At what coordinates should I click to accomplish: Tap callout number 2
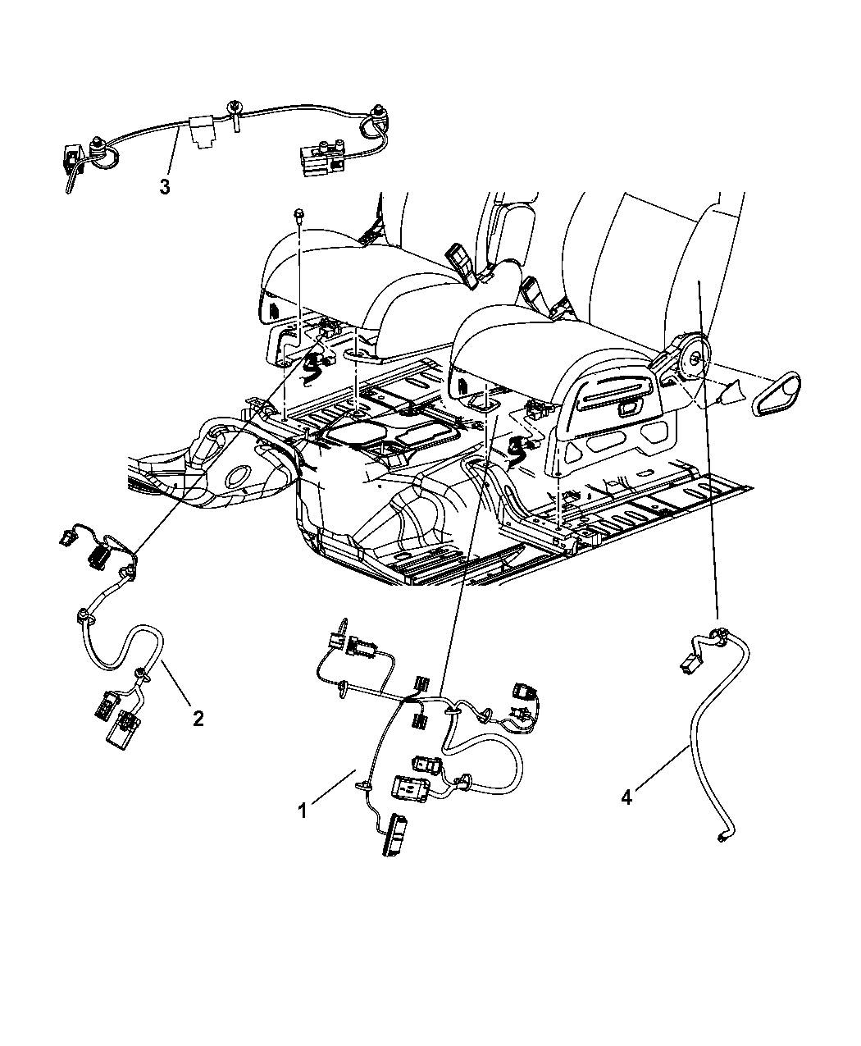click(197, 719)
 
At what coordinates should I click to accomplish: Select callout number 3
click(165, 187)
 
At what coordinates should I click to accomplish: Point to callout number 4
click(626, 796)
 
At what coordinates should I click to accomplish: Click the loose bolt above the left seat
click(300, 216)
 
